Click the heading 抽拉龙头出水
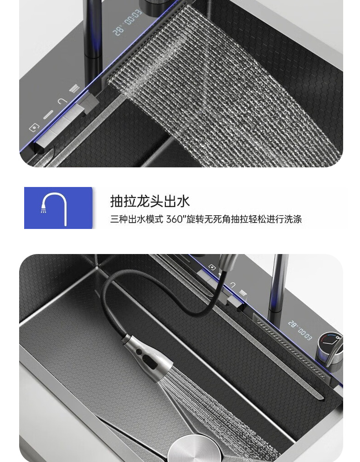150,201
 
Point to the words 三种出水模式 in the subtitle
137,219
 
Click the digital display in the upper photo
127,22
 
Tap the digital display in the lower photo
300,329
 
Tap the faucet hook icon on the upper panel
62,102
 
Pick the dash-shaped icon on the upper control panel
48,115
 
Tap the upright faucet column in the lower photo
278,283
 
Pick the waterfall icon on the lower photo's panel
243,293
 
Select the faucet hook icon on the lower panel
233,285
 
